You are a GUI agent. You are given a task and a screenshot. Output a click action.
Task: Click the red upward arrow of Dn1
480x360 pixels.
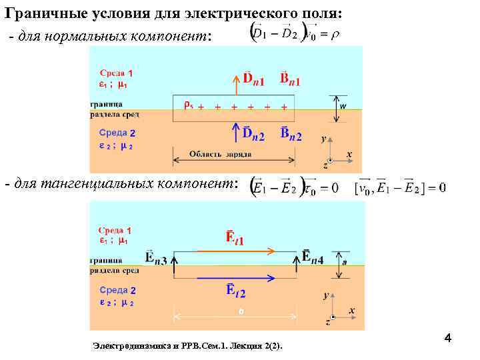[235, 86]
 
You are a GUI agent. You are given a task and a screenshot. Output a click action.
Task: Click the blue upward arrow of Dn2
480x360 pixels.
[235, 133]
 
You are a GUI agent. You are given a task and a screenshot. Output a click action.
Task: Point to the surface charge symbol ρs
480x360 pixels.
[188, 104]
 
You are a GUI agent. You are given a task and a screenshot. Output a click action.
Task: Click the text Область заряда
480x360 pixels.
[220, 154]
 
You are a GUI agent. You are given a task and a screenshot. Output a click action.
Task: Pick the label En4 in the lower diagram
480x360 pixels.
[313, 257]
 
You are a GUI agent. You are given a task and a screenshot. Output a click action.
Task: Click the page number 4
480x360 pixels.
[448, 339]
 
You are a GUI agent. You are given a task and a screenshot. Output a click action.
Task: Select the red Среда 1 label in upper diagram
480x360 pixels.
[117, 73]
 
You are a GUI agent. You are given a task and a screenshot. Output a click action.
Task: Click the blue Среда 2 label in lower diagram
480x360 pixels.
[117, 290]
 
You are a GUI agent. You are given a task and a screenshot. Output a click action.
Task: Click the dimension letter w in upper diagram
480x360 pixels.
[343, 105]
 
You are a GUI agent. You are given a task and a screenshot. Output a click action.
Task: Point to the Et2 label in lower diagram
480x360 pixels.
[235, 291]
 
